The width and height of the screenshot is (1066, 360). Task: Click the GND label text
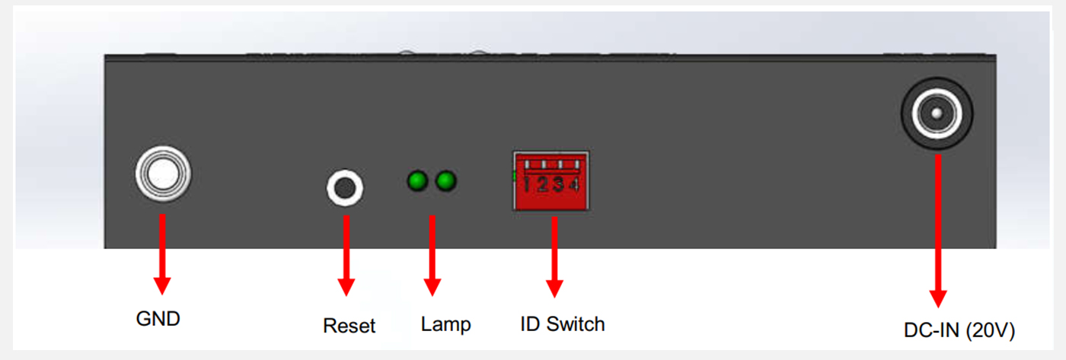158,318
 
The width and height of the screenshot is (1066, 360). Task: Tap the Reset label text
349,326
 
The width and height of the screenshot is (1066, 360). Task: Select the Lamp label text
446,324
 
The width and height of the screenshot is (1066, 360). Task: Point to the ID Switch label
563,323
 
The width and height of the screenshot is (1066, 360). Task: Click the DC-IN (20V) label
959,330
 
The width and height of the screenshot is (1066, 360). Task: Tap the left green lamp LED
417,181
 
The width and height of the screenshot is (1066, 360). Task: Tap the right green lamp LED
445,181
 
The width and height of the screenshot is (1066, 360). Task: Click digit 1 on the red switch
528,185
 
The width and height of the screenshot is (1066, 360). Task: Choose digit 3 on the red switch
559,185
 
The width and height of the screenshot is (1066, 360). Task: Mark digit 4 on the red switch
573,185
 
